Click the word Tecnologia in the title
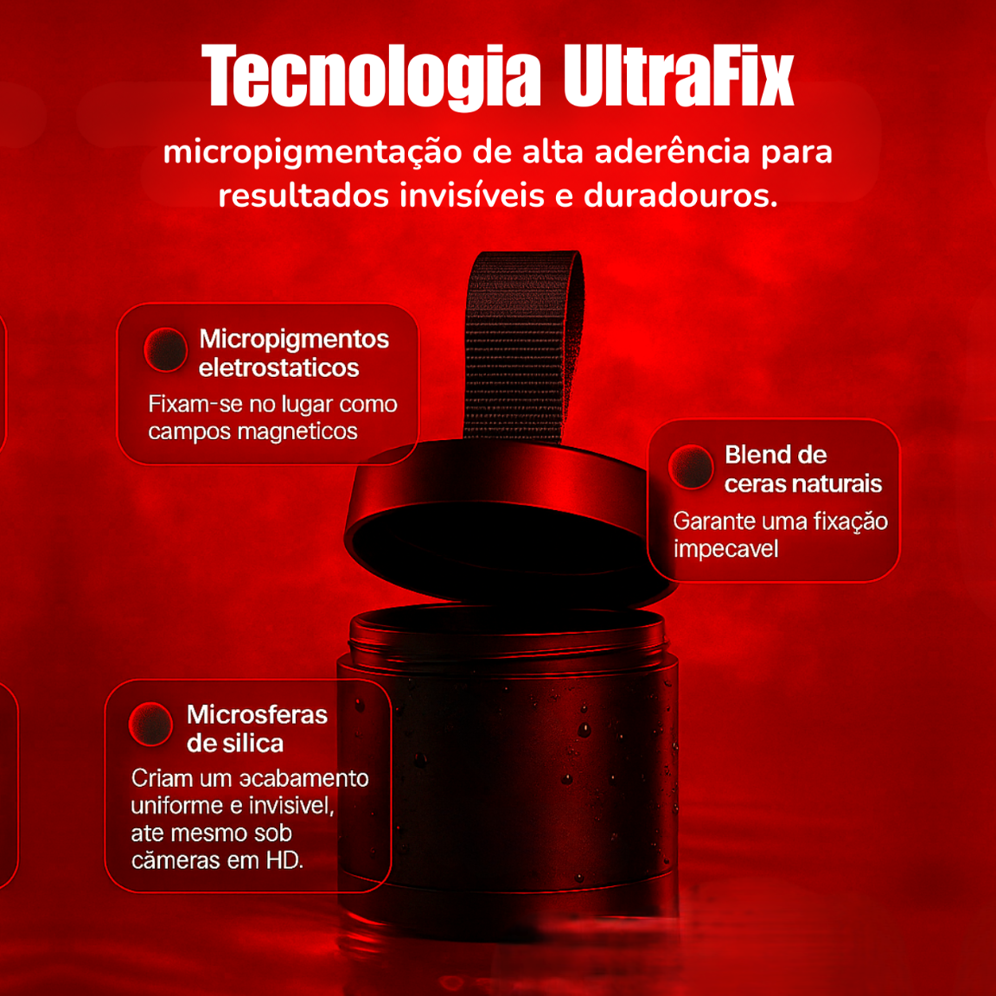click(x=371, y=76)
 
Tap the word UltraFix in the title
click(x=679, y=75)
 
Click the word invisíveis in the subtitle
click(x=472, y=195)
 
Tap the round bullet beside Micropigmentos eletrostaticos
click(x=166, y=349)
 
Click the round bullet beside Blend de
click(x=691, y=466)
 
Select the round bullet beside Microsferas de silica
click(x=150, y=725)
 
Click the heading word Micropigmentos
click(x=294, y=340)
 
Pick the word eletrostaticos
click(x=279, y=367)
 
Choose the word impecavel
click(x=725, y=548)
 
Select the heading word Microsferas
click(x=258, y=715)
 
